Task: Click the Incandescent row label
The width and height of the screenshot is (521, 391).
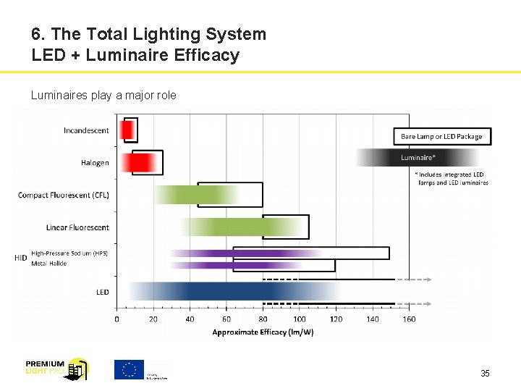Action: tap(86, 130)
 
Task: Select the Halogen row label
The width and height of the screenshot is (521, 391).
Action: tap(95, 163)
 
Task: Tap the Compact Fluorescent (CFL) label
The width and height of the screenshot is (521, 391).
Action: tap(64, 195)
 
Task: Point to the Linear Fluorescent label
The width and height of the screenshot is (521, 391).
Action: tap(77, 227)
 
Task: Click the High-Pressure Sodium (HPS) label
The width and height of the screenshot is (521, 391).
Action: tap(69, 253)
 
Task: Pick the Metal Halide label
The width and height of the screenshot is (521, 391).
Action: tap(49, 264)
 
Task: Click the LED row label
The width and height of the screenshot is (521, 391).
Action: tap(103, 292)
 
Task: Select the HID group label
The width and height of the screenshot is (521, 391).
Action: tap(21, 258)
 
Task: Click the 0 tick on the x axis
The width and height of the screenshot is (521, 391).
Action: tap(117, 319)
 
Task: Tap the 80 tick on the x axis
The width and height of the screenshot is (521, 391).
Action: tap(263, 319)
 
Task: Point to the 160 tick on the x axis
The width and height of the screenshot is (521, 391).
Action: tap(409, 319)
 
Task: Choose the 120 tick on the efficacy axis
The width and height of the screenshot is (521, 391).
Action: tap(336, 319)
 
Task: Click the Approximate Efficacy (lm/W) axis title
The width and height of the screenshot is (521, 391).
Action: tap(263, 332)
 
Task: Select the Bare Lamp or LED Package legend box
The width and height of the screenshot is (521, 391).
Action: tap(441, 136)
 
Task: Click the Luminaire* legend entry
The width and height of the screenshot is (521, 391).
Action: tap(418, 157)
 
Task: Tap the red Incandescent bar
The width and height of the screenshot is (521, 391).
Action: tap(127, 130)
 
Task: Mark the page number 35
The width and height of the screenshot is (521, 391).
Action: tap(485, 374)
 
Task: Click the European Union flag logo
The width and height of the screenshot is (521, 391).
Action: tap(130, 369)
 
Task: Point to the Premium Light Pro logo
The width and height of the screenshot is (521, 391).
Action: tap(56, 369)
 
